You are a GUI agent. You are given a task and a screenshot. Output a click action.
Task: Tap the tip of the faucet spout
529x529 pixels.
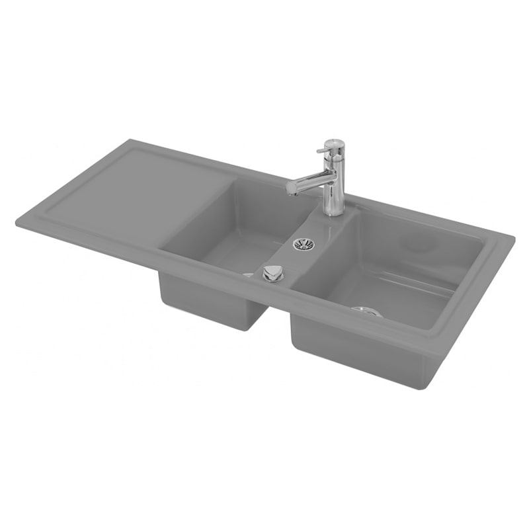tap(290, 189)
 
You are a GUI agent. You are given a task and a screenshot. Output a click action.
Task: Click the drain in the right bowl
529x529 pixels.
tap(367, 311)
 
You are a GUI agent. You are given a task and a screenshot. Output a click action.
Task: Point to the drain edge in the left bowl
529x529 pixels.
tap(248, 274)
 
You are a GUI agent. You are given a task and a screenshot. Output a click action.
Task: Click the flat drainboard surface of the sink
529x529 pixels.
tap(126, 192)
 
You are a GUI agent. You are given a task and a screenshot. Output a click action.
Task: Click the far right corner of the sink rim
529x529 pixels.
tap(514, 237)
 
